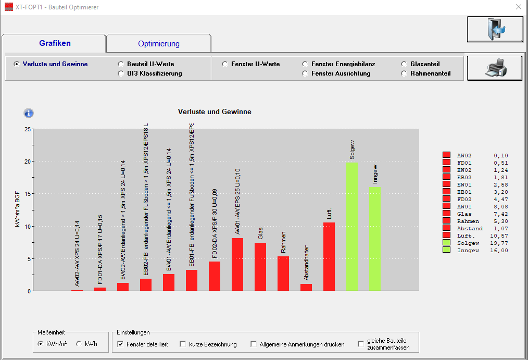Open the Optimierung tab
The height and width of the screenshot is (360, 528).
(x=159, y=44)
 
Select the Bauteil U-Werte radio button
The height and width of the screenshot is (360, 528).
(x=121, y=64)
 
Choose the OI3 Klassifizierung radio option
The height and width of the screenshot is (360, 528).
(x=121, y=73)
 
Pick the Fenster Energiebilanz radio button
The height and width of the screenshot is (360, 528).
(x=305, y=64)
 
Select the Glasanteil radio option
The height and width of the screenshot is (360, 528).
(x=404, y=64)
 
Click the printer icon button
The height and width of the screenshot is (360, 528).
(x=494, y=68)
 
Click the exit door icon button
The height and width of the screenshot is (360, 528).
(x=494, y=29)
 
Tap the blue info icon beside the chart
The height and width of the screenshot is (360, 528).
(x=29, y=113)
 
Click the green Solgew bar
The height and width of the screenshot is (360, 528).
(x=353, y=226)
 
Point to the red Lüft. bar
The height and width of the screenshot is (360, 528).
(x=329, y=256)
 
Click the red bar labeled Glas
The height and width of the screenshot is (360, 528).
(x=260, y=267)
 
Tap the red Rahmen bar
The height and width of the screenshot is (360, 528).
(x=283, y=274)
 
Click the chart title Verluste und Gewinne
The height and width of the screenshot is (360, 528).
(x=215, y=112)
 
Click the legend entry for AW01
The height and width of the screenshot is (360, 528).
(x=464, y=206)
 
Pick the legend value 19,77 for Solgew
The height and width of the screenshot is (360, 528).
(x=500, y=243)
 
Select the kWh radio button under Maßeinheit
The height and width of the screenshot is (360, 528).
(x=79, y=344)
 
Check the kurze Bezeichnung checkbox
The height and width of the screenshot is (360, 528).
(x=183, y=344)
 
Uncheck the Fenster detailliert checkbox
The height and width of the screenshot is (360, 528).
(x=121, y=344)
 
